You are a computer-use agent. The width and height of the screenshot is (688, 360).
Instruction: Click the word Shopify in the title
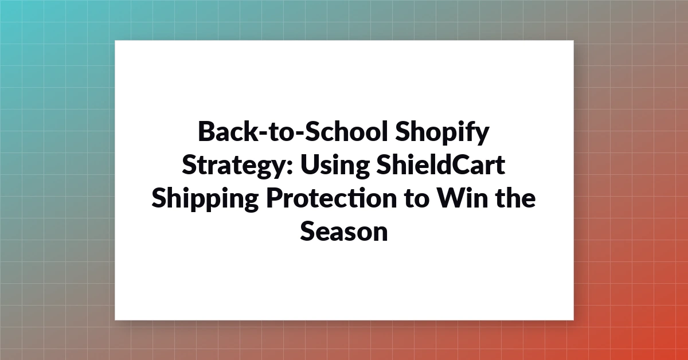[442, 132]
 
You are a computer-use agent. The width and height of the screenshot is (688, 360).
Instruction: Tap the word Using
[335, 165]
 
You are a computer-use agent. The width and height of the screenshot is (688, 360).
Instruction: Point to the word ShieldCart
[441, 165]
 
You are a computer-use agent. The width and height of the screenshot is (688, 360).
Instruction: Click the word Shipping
[205, 198]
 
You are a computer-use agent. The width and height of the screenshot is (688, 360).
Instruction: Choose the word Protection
[332, 198]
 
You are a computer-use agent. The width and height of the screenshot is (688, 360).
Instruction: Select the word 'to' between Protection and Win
[417, 199]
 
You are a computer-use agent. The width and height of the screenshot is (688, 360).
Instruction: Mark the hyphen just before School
[299, 134]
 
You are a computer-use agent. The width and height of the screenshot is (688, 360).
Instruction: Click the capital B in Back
[208, 131]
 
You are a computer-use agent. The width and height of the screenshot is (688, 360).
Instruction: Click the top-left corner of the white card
[115, 40]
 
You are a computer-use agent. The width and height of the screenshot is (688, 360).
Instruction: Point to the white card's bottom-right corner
[573, 320]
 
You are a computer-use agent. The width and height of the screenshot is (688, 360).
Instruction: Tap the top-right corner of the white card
[573, 40]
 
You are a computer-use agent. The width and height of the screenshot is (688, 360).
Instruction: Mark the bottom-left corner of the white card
[115, 320]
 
